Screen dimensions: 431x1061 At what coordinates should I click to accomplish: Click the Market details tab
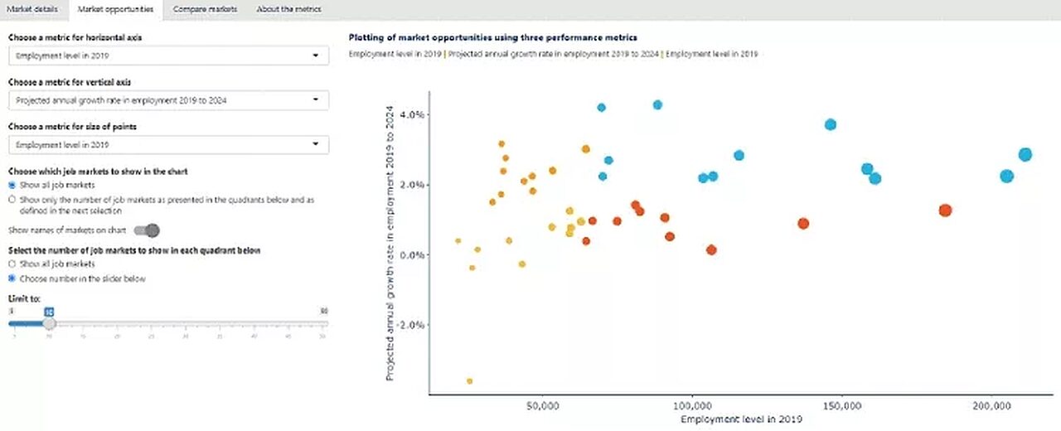(35, 9)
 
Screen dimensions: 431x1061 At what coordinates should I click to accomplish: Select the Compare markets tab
(205, 9)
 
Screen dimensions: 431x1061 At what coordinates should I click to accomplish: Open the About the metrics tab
(288, 9)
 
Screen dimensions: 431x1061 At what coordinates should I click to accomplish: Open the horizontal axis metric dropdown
(168, 56)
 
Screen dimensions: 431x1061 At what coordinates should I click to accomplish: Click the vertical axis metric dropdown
(168, 100)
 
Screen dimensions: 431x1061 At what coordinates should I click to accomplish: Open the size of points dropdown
(168, 145)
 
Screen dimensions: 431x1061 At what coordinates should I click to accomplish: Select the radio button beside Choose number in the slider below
(12, 278)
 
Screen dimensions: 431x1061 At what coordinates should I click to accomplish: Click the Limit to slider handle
(49, 323)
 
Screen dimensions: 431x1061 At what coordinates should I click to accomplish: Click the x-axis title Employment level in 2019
(741, 420)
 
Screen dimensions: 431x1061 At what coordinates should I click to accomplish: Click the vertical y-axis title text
(390, 247)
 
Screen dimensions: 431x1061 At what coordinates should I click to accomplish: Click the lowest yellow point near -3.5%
(469, 381)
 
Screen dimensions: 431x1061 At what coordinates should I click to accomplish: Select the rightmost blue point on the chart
(1025, 155)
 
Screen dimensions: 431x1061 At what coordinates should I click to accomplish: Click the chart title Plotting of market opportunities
(493, 37)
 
